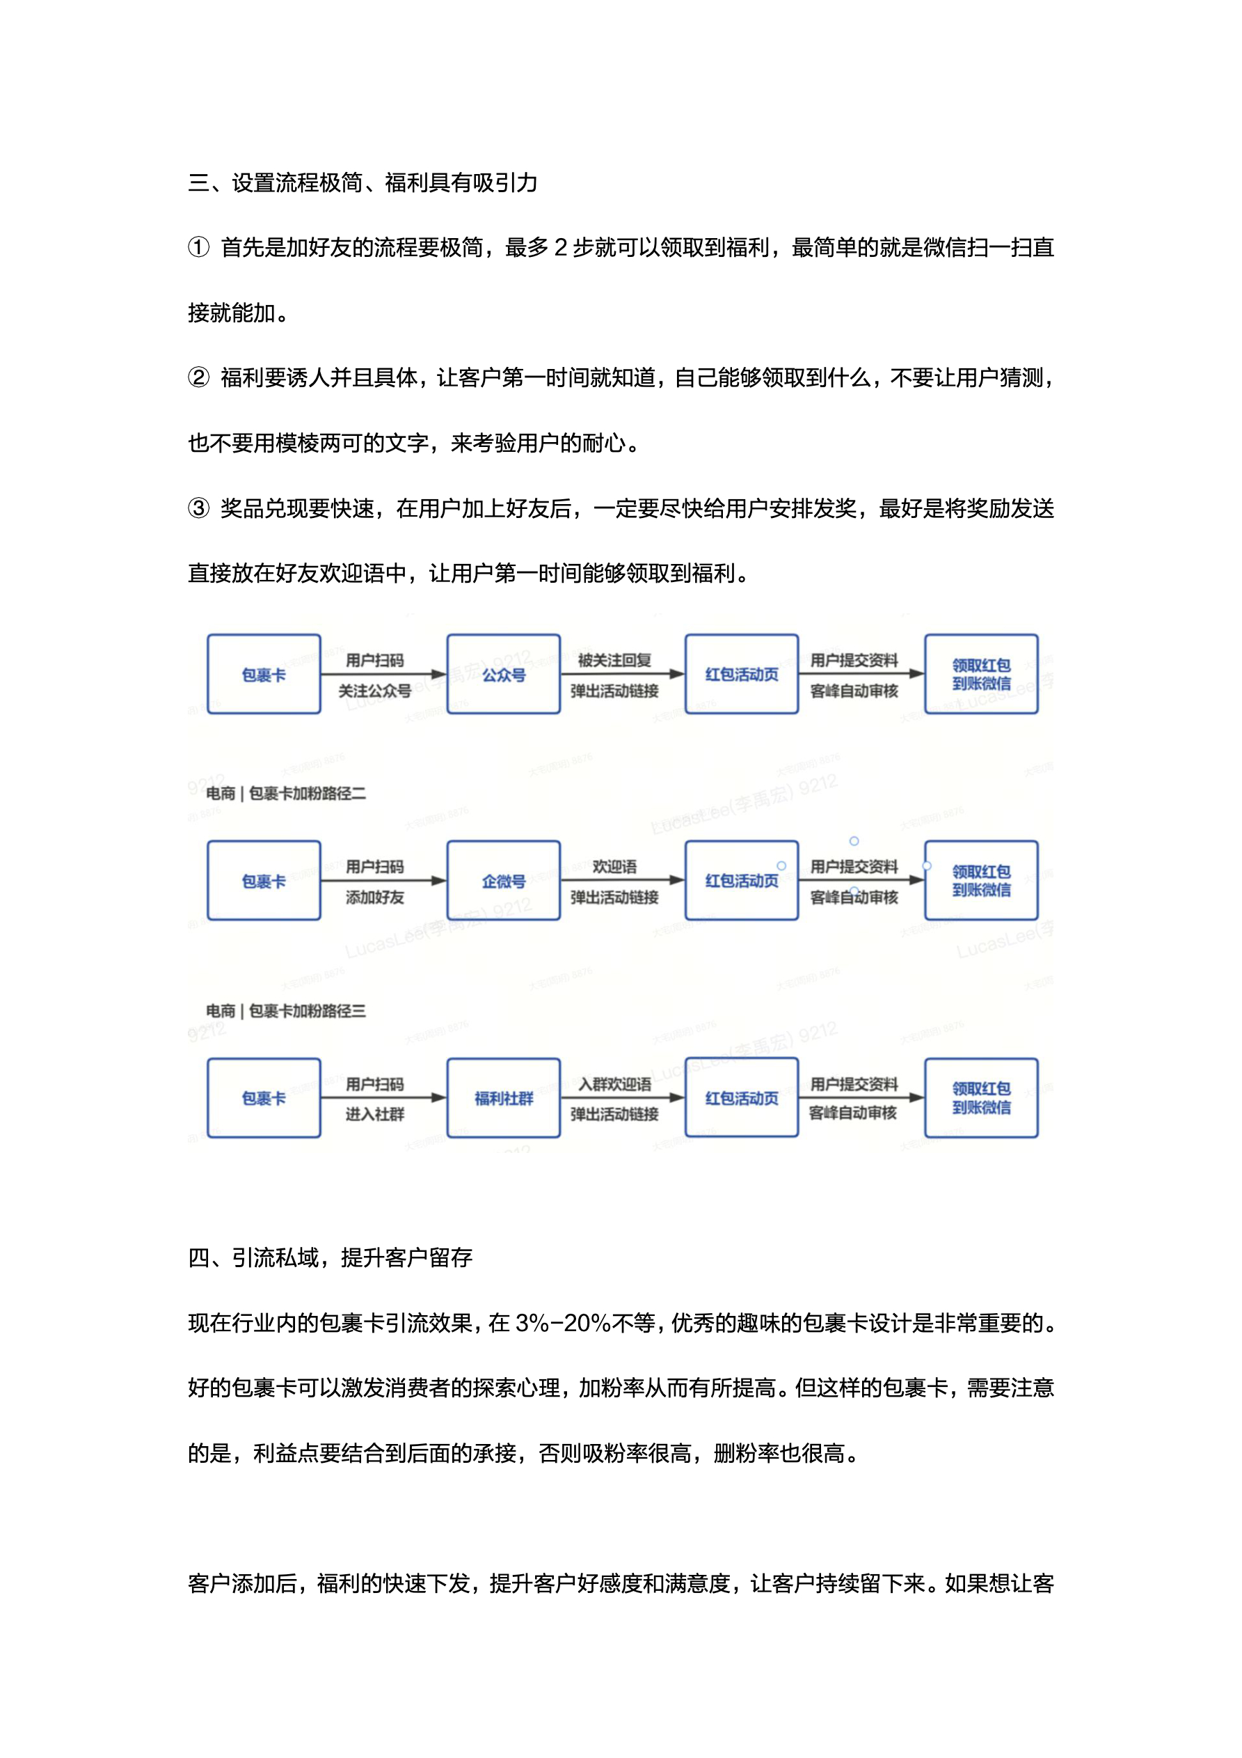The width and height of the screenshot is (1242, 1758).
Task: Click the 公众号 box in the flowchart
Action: pyautogui.click(x=503, y=674)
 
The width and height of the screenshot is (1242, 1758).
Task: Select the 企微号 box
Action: pyautogui.click(x=503, y=881)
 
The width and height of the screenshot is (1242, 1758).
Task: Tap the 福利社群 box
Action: pyautogui.click(x=503, y=1098)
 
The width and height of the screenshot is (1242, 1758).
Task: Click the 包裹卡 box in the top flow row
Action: pyautogui.click(x=263, y=674)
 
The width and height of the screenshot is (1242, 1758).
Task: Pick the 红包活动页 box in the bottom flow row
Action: pyautogui.click(x=741, y=1098)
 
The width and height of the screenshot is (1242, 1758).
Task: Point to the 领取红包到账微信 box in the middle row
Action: pyautogui.click(x=981, y=881)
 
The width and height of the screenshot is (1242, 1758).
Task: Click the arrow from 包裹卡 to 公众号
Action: pyautogui.click(x=383, y=675)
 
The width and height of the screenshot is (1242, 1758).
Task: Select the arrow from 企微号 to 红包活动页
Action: pyautogui.click(x=621, y=881)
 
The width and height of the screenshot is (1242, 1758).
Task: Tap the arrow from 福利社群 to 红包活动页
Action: pyautogui.click(x=621, y=1098)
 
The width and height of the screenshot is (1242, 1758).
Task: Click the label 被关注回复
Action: pyautogui.click(x=614, y=660)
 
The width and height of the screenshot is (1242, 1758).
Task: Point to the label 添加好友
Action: pyautogui.click(x=374, y=897)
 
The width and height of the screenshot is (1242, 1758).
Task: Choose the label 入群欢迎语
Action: pyautogui.click(x=614, y=1084)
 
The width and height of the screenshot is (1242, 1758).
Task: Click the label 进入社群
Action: pyautogui.click(x=374, y=1114)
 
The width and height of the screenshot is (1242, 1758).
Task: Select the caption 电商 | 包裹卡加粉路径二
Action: pyautogui.click(x=286, y=793)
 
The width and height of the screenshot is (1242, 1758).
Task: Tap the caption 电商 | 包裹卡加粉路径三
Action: pyautogui.click(x=286, y=1011)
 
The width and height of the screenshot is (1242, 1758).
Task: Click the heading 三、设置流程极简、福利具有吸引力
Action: pyautogui.click(x=363, y=182)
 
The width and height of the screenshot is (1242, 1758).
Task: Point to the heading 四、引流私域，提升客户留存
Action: pyautogui.click(x=330, y=1257)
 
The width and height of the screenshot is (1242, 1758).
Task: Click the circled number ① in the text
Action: pyautogui.click(x=198, y=247)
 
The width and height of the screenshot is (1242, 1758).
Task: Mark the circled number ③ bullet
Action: pyautogui.click(x=198, y=508)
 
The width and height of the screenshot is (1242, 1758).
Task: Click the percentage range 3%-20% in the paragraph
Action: pyautogui.click(x=562, y=1323)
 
